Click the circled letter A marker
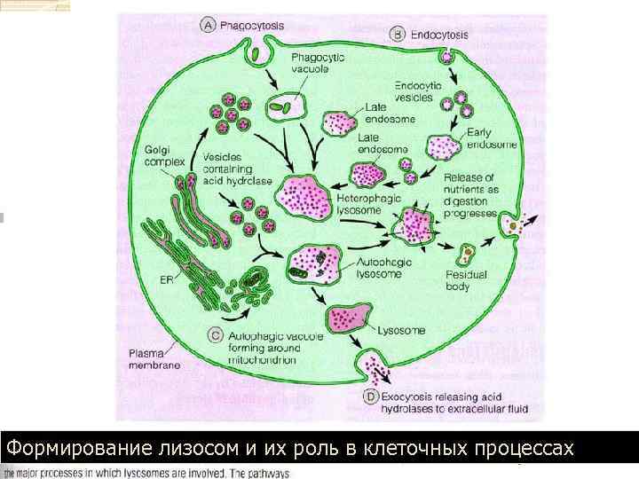(209, 26)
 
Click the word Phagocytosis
(253, 26)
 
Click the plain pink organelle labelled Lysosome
(348, 318)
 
